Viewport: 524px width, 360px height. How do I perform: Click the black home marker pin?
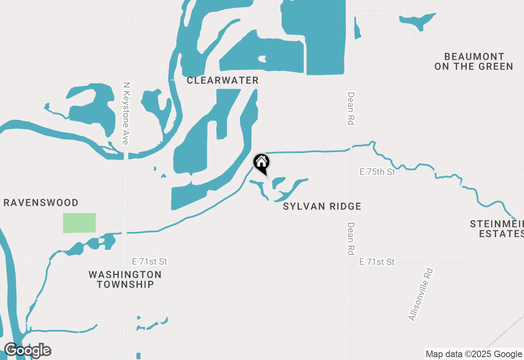click(261, 162)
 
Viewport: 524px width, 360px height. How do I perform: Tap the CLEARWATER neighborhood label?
click(223, 80)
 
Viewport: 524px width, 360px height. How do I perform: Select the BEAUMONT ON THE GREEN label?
click(474, 61)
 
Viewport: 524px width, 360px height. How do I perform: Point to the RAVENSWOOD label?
click(41, 202)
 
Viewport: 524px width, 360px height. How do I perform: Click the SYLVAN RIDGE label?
click(322, 206)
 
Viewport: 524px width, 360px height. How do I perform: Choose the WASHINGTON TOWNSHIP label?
click(125, 279)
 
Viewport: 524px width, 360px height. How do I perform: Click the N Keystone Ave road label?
click(126, 113)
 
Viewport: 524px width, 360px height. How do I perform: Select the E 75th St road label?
click(377, 172)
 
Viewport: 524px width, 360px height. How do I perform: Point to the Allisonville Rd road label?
click(421, 294)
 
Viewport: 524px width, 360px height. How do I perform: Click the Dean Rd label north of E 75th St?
click(350, 108)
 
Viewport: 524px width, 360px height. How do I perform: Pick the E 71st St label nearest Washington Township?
click(149, 261)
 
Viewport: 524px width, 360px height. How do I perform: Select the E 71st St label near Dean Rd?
click(377, 262)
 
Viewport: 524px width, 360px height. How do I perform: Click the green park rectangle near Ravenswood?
click(79, 223)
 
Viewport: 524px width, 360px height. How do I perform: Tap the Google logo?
click(27, 351)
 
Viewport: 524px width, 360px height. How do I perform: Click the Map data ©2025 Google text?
click(474, 354)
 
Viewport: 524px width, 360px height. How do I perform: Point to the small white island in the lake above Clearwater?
click(262, 59)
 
